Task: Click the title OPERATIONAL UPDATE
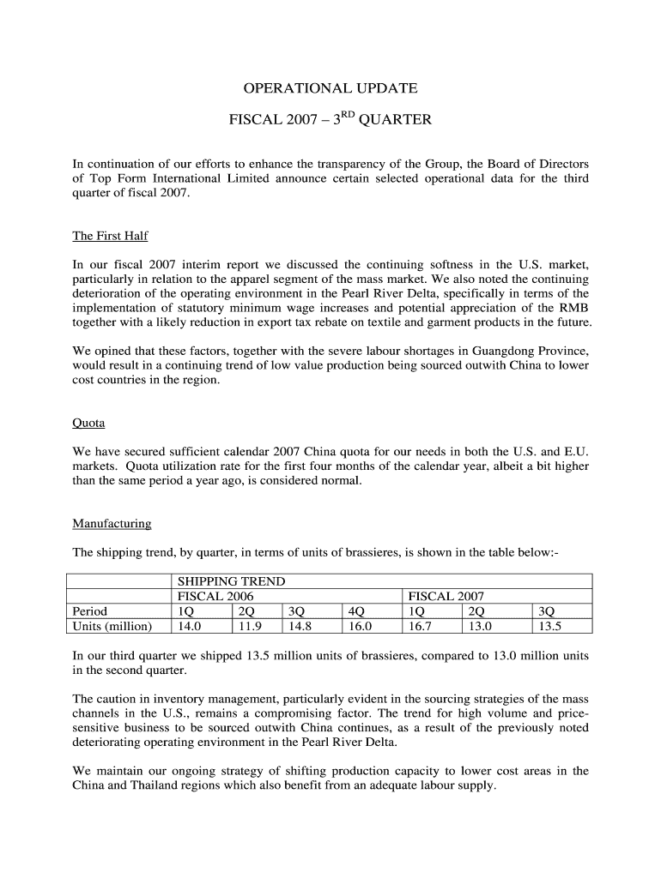pos(330,88)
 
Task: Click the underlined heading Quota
pos(89,423)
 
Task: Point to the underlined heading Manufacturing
pos(112,523)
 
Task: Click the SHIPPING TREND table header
pos(231,581)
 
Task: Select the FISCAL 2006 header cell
pos(215,596)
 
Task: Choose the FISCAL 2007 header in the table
pos(446,596)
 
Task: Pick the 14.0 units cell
pos(189,626)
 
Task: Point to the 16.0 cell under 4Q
pos(360,626)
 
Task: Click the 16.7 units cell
pos(421,626)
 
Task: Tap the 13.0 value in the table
pos(479,626)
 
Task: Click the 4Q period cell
pos(355,611)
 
